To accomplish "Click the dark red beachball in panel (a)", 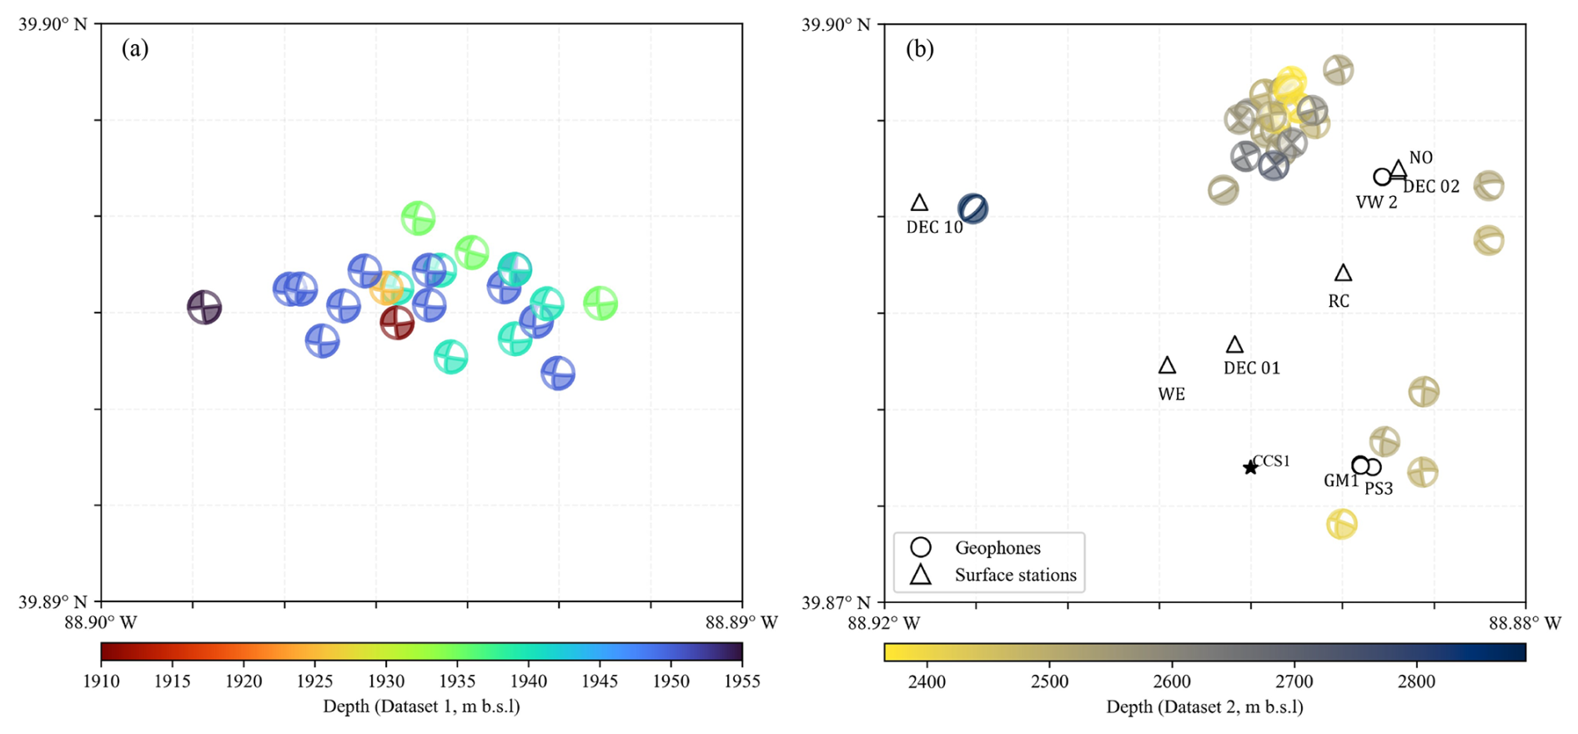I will coord(397,323).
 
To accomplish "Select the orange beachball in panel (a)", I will coord(386,289).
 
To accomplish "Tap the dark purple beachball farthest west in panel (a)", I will coord(204,307).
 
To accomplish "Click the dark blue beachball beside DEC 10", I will coord(973,209).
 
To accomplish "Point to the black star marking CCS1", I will coord(1250,468).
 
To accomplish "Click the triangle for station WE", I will coord(1168,365).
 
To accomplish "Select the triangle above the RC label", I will coord(1343,273).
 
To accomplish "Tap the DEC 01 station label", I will coord(1251,368).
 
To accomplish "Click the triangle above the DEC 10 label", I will coord(919,203).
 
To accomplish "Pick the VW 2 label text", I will coord(1376,202).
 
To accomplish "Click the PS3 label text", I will coord(1379,489).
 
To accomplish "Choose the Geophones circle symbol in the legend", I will coord(921,547).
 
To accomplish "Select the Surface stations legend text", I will coord(1015,575).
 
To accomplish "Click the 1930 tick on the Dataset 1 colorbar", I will coord(386,681).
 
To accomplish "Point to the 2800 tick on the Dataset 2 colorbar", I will coord(1416,681).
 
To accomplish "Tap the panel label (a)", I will coord(135,49).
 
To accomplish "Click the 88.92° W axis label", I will coord(883,622).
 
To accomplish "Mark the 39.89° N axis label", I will coord(53,601).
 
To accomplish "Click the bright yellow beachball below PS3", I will coord(1342,524).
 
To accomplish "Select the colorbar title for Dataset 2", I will coord(1204,707).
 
